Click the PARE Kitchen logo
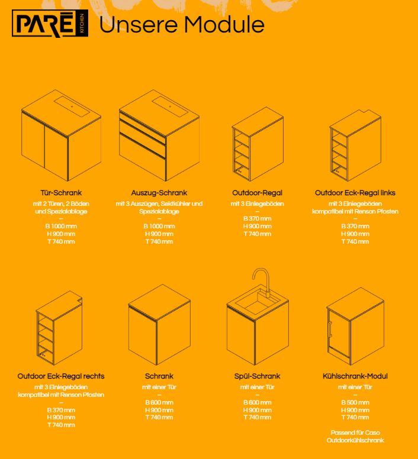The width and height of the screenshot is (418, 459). click(50, 24)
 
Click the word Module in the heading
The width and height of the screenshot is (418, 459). click(224, 25)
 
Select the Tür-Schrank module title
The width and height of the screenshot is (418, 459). click(61, 193)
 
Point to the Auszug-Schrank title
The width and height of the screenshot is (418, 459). click(159, 193)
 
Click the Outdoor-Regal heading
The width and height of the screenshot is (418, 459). click(257, 193)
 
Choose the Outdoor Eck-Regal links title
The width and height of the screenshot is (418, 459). click(355, 193)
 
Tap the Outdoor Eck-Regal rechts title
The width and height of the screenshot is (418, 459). click(61, 376)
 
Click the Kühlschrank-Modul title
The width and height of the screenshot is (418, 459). click(355, 376)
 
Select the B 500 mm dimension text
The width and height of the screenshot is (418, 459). click(355, 402)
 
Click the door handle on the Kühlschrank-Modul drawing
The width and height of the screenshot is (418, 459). click(330, 330)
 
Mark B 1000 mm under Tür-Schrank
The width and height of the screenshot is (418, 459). click(61, 227)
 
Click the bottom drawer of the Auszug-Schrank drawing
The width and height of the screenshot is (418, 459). click(143, 157)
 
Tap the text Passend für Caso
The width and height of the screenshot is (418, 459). click(355, 432)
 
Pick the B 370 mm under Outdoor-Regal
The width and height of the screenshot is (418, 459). click(257, 219)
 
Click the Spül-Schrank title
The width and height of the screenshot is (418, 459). click(257, 376)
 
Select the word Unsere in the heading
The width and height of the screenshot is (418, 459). click(139, 25)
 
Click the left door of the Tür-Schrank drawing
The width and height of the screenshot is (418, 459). click(33, 140)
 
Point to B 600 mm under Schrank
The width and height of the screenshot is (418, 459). click(159, 402)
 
